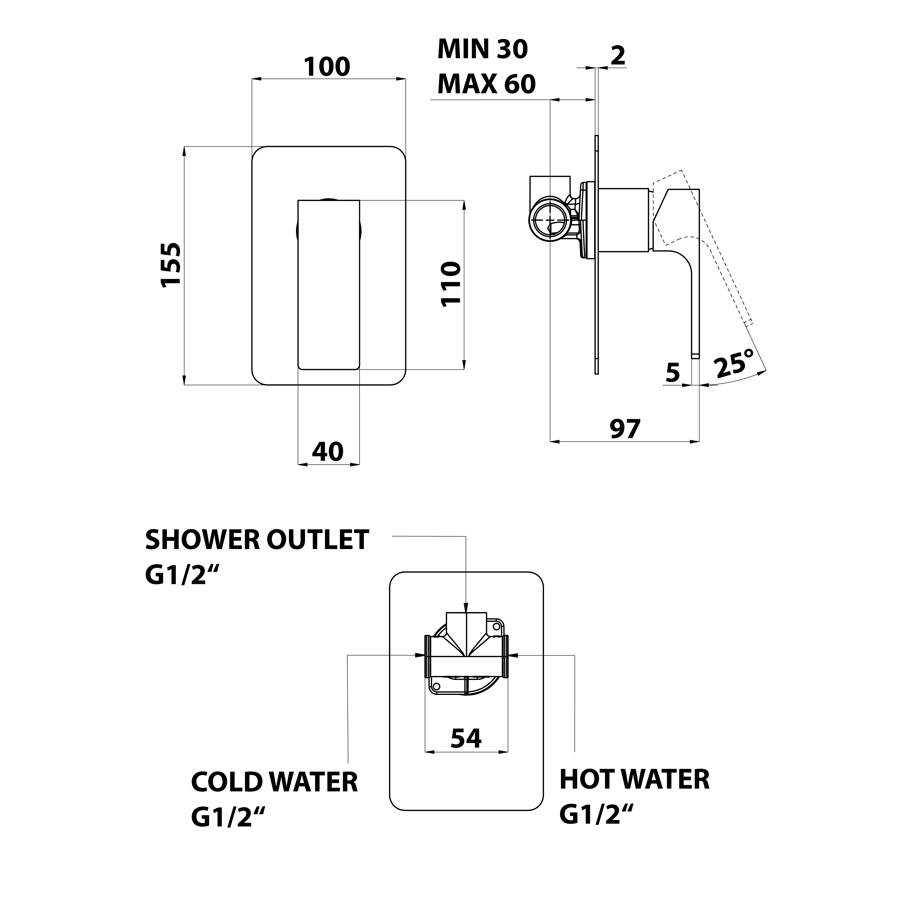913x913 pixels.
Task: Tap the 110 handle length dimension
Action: point(450,284)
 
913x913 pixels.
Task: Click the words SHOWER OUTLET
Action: point(257,540)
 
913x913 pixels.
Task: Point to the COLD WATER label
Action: point(274,782)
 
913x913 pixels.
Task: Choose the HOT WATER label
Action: point(634,780)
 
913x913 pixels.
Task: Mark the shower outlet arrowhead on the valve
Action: point(466,610)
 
